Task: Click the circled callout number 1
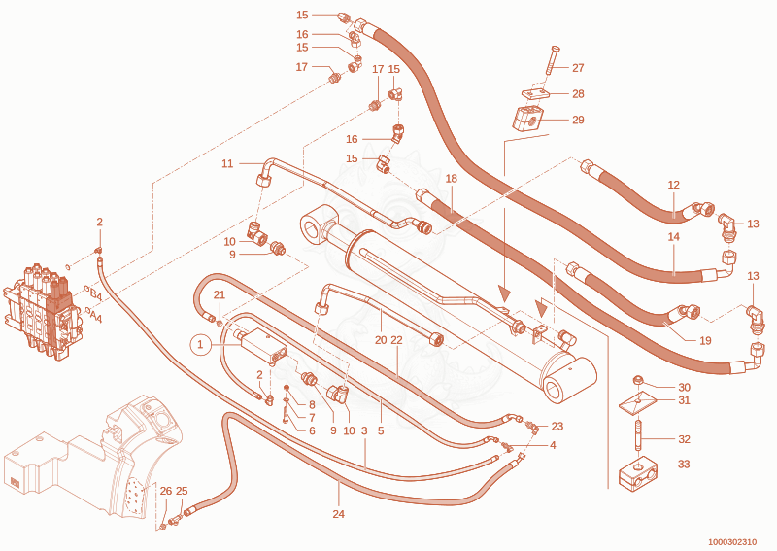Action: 200,344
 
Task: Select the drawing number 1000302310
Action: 732,542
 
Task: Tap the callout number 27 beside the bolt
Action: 578,68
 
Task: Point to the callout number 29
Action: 578,120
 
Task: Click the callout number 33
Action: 684,465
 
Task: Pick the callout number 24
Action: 338,514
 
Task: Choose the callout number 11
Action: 227,163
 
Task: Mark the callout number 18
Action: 451,179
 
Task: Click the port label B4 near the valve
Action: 95,294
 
